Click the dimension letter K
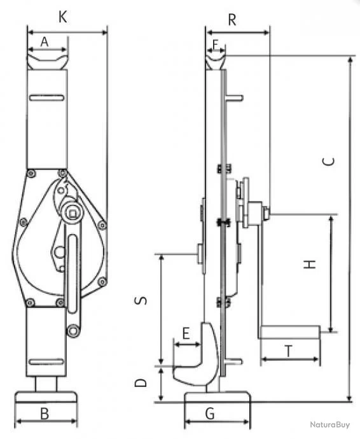click(x=62, y=17)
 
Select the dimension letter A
click(x=45, y=41)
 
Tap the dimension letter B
click(x=45, y=414)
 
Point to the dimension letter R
click(x=232, y=19)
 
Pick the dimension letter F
click(x=216, y=44)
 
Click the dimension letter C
click(x=328, y=161)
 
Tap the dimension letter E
click(x=186, y=333)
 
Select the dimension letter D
click(x=142, y=382)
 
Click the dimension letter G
click(x=210, y=414)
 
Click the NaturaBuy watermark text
click(x=330, y=424)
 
